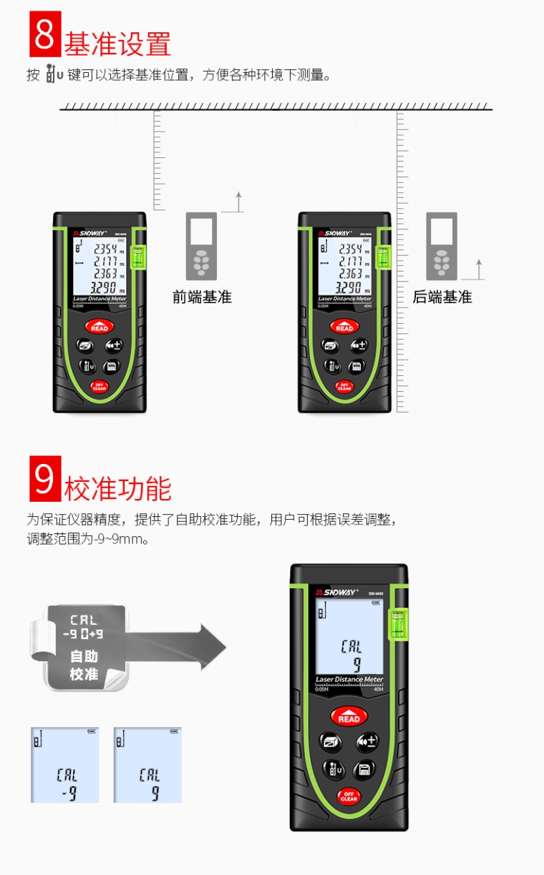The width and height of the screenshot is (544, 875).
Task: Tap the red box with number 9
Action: [x=45, y=479]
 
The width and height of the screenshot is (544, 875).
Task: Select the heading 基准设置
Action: [x=118, y=44]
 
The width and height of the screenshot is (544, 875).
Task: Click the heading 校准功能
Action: [x=118, y=489]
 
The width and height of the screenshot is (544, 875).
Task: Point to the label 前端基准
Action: [x=202, y=297]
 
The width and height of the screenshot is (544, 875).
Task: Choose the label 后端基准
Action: [x=442, y=297]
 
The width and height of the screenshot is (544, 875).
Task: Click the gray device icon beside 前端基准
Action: [x=201, y=246]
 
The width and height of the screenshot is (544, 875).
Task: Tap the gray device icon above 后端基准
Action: [x=442, y=246]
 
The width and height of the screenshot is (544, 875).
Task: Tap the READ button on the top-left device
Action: [x=99, y=327]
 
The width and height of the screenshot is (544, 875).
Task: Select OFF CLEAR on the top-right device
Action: [x=344, y=387]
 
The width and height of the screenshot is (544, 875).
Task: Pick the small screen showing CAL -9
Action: [x=64, y=765]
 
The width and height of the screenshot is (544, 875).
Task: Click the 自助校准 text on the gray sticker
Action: [x=84, y=665]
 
